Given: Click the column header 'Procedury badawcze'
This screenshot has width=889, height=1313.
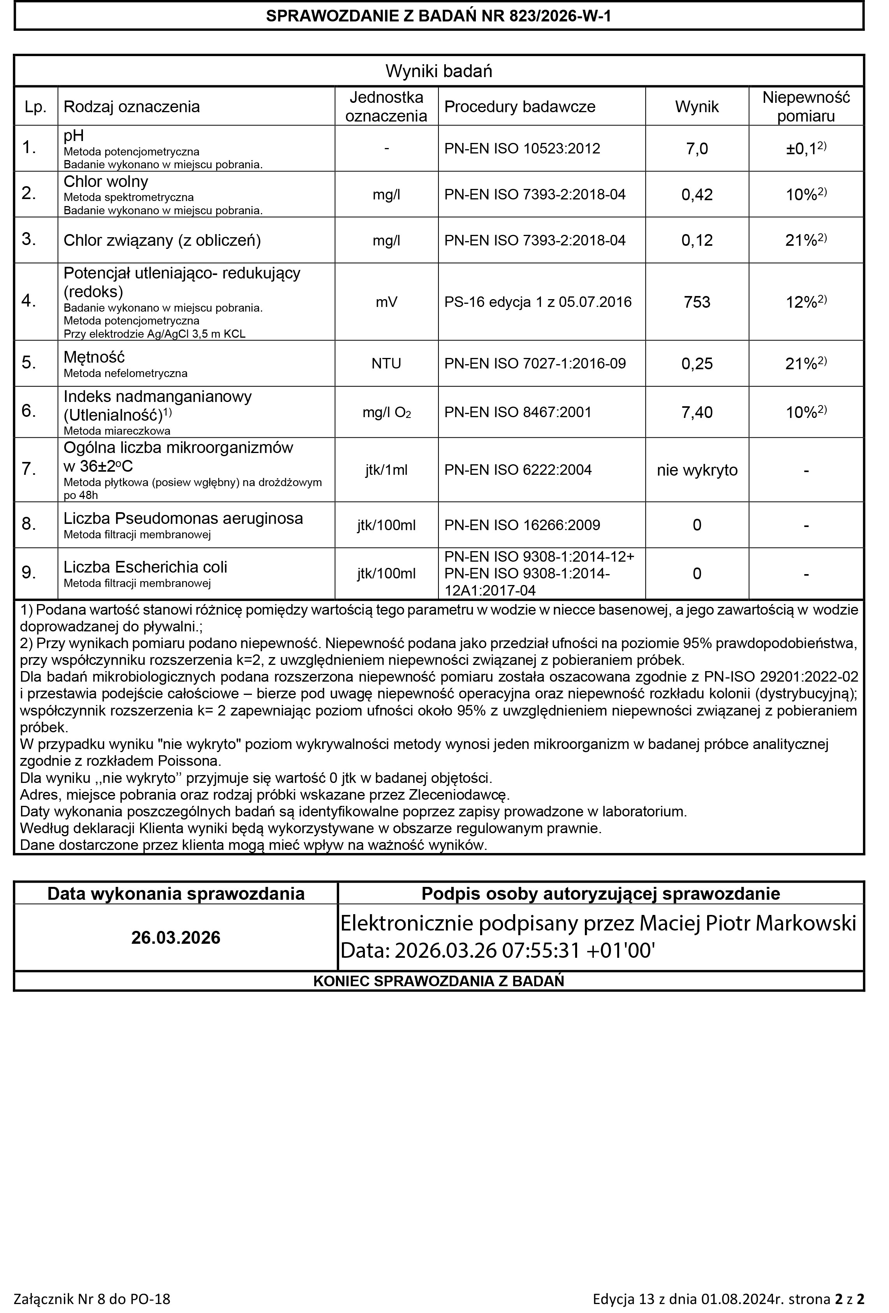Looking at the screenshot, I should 519,107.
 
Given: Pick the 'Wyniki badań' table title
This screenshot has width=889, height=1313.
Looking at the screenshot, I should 438,71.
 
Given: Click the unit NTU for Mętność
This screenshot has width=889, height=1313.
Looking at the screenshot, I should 386,363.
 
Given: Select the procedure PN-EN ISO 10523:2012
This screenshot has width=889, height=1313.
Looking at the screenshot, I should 522,148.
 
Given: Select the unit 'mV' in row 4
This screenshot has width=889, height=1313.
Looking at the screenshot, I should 386,302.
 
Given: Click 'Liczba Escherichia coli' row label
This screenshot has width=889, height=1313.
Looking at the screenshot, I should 145,567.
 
